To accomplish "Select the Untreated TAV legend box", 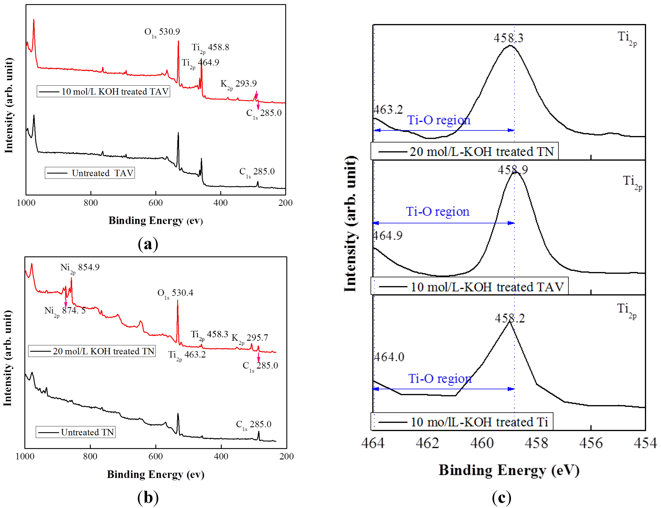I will click(x=90, y=173).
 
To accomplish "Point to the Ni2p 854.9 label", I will click(x=80, y=268).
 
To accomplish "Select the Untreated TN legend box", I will click(x=76, y=432).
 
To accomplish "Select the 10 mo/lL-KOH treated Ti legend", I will click(x=462, y=422).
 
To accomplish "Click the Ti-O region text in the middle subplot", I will click(x=437, y=212).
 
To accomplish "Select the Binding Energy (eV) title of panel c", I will click(x=509, y=470).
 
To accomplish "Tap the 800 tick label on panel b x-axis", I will click(x=90, y=456).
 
